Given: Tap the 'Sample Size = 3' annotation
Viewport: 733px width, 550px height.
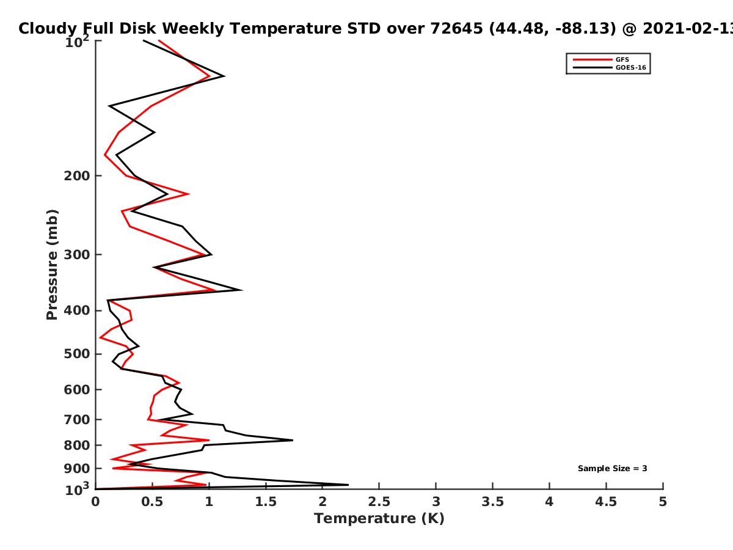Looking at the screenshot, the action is tap(613, 469).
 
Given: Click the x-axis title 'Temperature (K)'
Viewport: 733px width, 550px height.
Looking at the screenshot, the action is tap(379, 519).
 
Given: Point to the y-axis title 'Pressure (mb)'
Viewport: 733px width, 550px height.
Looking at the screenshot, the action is tap(52, 265).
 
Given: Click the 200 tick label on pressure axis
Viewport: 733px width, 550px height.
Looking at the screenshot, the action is tap(77, 175).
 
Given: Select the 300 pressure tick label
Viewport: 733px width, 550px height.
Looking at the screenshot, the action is tap(77, 255).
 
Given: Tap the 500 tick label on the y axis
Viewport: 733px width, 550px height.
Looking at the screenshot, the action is tap(77, 354).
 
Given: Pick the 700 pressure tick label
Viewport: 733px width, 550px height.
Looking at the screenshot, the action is tap(77, 420).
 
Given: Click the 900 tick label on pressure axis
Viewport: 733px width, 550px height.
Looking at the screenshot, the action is tap(77, 469).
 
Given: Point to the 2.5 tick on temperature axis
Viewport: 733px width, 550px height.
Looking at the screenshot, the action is tap(379, 502).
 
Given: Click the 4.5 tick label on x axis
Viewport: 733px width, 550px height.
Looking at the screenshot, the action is tap(606, 502).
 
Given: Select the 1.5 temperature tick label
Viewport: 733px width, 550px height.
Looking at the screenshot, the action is tap(266, 502).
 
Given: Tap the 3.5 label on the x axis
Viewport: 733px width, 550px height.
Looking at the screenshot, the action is tap(492, 502).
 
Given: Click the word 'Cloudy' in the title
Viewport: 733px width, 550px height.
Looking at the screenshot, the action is tap(48, 29).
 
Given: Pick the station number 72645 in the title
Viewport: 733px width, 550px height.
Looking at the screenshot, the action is tap(456, 28).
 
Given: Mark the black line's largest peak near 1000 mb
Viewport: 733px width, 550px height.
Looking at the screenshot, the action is tap(348, 485).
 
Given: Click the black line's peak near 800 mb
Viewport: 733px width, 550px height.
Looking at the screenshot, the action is tap(293, 440).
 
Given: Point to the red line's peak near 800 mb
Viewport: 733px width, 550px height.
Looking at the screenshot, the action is tap(209, 440).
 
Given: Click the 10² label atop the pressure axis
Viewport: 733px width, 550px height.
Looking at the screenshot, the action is tap(77, 42).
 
